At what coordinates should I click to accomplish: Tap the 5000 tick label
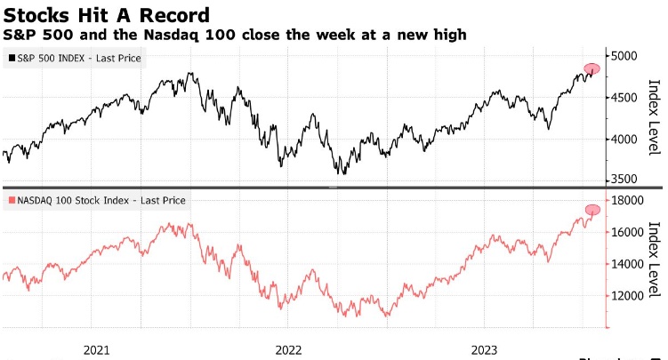(627, 56)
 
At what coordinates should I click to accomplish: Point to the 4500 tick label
(627, 98)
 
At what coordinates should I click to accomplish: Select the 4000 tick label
(627, 140)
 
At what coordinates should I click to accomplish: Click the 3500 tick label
(627, 180)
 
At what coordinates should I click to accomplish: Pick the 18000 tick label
(631, 201)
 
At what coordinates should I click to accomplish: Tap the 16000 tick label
(631, 233)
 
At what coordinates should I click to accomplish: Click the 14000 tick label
(631, 265)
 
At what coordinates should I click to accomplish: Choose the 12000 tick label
(631, 296)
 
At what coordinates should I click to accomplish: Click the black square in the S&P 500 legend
(10, 59)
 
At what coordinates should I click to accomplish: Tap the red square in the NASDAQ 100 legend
(10, 200)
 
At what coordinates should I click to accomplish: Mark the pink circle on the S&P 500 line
(592, 68)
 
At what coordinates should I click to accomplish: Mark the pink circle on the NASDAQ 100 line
(593, 210)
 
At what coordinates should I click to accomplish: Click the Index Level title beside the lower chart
(655, 259)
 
